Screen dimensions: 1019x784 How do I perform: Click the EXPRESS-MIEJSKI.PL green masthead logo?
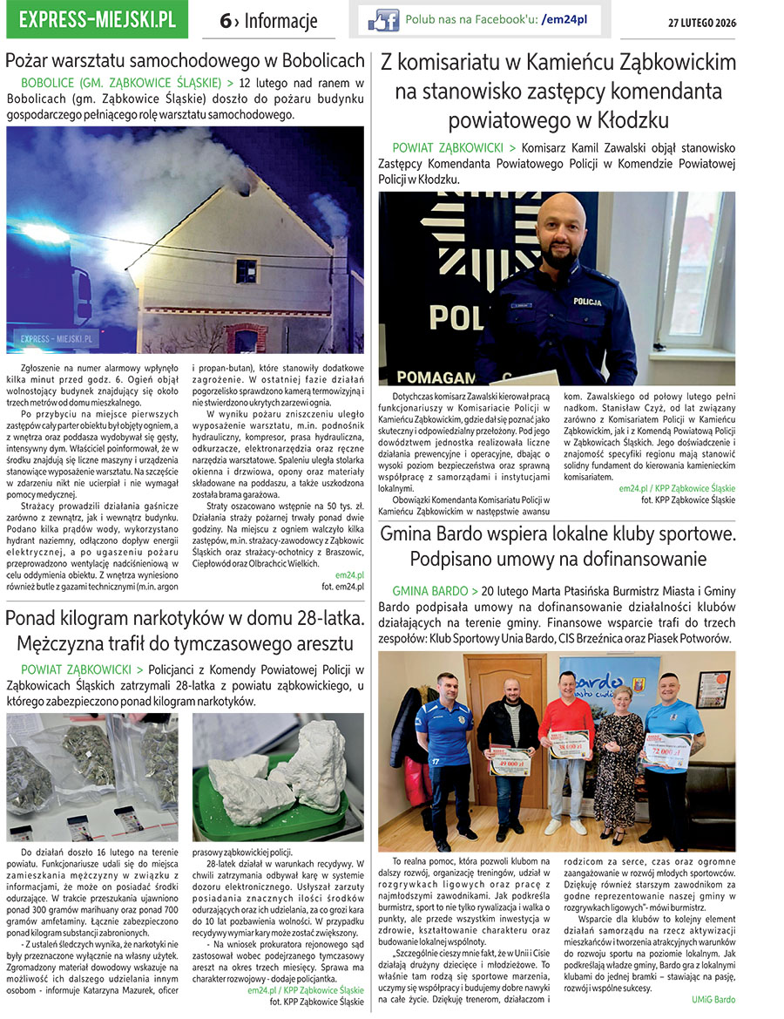point(96,19)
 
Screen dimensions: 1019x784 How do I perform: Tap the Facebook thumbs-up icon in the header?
point(383,19)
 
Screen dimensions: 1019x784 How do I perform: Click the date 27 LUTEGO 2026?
point(701,21)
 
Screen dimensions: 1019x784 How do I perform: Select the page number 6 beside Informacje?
point(225,21)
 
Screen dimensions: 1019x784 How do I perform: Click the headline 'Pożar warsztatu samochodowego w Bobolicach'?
point(185,61)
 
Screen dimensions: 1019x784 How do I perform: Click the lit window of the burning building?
point(247,271)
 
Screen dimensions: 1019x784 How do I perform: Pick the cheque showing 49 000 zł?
point(510,761)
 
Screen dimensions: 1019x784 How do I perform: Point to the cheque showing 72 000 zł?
point(666,751)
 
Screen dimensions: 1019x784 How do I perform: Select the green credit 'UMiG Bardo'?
point(713,999)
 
